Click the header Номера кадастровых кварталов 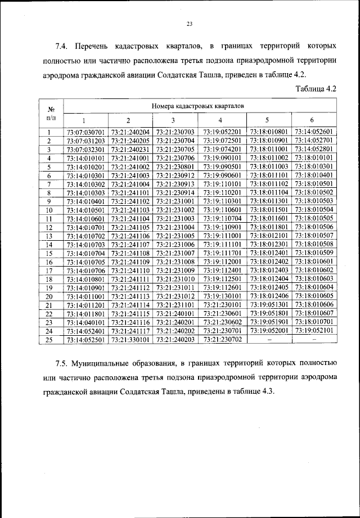click(x=197, y=105)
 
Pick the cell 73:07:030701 click(x=85, y=132)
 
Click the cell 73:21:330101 click(x=130, y=339)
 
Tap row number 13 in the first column click(x=49, y=236)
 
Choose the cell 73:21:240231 click(x=130, y=150)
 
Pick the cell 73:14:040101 click(x=85, y=322)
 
